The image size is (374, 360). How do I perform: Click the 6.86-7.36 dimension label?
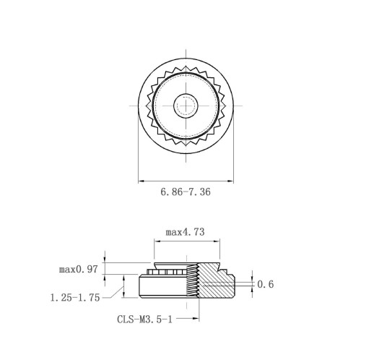(186, 192)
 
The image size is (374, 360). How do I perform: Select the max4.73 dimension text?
(185, 232)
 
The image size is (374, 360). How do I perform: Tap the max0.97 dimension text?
(79, 269)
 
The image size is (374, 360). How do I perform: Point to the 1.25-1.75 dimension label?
(75, 298)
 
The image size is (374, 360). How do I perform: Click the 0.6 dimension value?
(266, 284)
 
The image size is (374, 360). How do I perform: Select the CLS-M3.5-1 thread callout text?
(144, 320)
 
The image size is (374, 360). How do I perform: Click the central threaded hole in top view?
(186, 106)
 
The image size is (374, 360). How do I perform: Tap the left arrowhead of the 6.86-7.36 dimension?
(142, 181)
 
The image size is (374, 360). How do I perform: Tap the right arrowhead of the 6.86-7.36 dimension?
(230, 181)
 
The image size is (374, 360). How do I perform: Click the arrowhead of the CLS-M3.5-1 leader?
(196, 319)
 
